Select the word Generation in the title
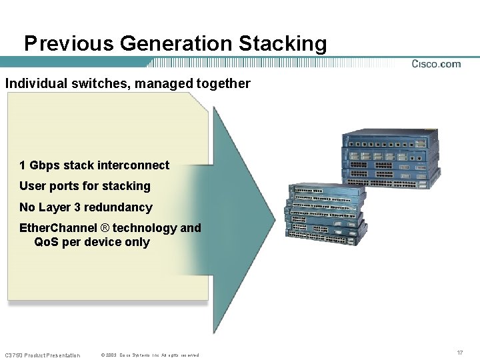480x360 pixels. coord(176,44)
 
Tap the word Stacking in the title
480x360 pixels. coord(283,44)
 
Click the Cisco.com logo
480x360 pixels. coord(436,64)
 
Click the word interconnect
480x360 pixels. coord(135,165)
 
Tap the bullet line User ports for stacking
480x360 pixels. coord(85,186)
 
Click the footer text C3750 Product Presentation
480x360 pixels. coord(42,355)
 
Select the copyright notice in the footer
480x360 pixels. coord(149,355)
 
